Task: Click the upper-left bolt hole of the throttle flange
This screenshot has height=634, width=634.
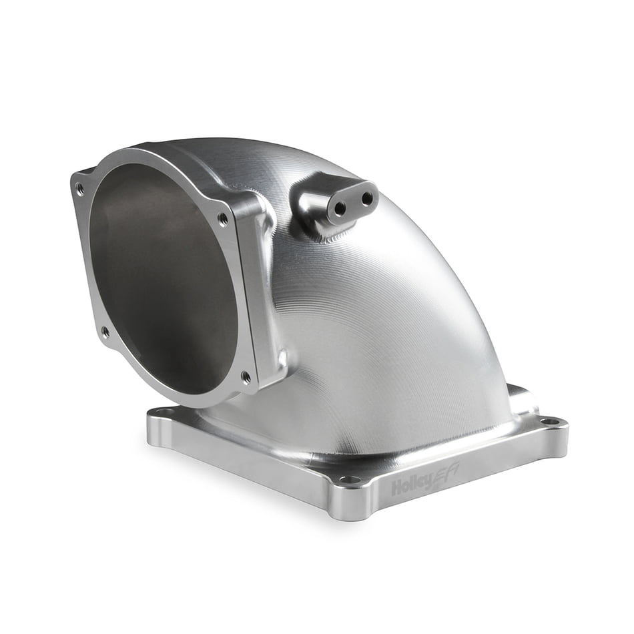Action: [80, 190]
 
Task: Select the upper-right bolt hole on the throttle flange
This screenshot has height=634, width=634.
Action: [222, 218]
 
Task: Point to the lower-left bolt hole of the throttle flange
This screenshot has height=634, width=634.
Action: [105, 330]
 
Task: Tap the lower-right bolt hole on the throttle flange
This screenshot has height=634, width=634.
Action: [246, 376]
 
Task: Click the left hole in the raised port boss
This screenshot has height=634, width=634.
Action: [340, 208]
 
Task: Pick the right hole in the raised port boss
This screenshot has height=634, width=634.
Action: [366, 198]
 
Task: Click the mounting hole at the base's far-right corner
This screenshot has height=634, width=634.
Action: [549, 421]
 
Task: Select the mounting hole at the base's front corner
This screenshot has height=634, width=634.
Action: [347, 479]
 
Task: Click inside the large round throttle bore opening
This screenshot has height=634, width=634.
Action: [167, 280]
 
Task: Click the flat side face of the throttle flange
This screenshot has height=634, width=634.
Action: [257, 294]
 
